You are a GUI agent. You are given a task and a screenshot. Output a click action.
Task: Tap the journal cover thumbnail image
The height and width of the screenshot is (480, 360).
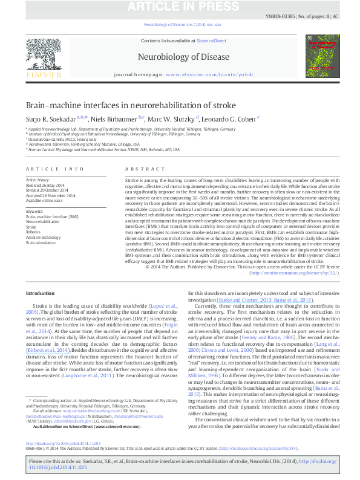point(322,57)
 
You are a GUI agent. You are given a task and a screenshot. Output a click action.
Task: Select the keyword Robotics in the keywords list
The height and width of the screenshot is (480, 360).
point(34,231)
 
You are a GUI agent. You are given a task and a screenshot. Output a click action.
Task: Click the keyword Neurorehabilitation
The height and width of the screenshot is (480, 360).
point(42,221)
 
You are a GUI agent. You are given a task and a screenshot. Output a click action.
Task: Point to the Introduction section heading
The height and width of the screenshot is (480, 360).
point(39,293)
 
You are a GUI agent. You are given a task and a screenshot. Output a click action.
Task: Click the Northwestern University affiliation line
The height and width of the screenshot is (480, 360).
point(85,144)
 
